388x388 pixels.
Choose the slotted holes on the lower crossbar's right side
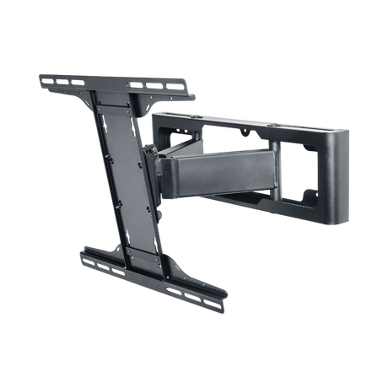pyautogui.click(x=202, y=287)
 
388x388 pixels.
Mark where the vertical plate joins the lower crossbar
pyautogui.click(x=153, y=257)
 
